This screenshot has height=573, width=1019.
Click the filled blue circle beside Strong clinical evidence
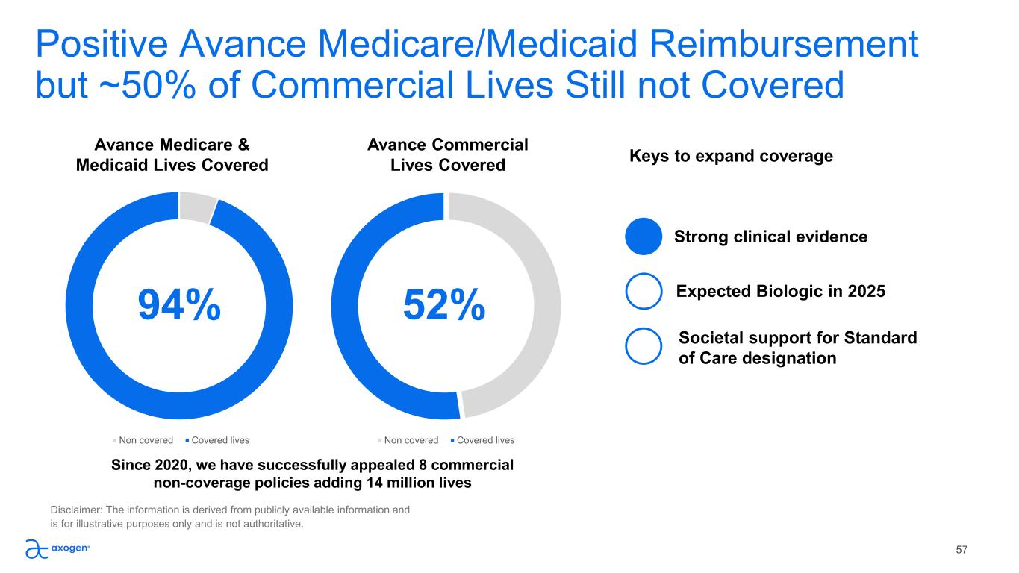pyautogui.click(x=644, y=237)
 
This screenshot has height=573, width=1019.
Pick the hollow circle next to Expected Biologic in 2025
pyautogui.click(x=644, y=291)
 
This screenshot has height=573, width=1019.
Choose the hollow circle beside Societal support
pyautogui.click(x=644, y=347)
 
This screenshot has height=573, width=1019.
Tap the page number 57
pyautogui.click(x=962, y=550)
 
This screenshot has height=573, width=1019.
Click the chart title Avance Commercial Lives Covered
pyautogui.click(x=448, y=154)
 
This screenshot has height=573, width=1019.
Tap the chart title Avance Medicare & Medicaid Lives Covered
pyautogui.click(x=172, y=154)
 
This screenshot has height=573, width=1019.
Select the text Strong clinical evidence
pyautogui.click(x=770, y=237)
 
